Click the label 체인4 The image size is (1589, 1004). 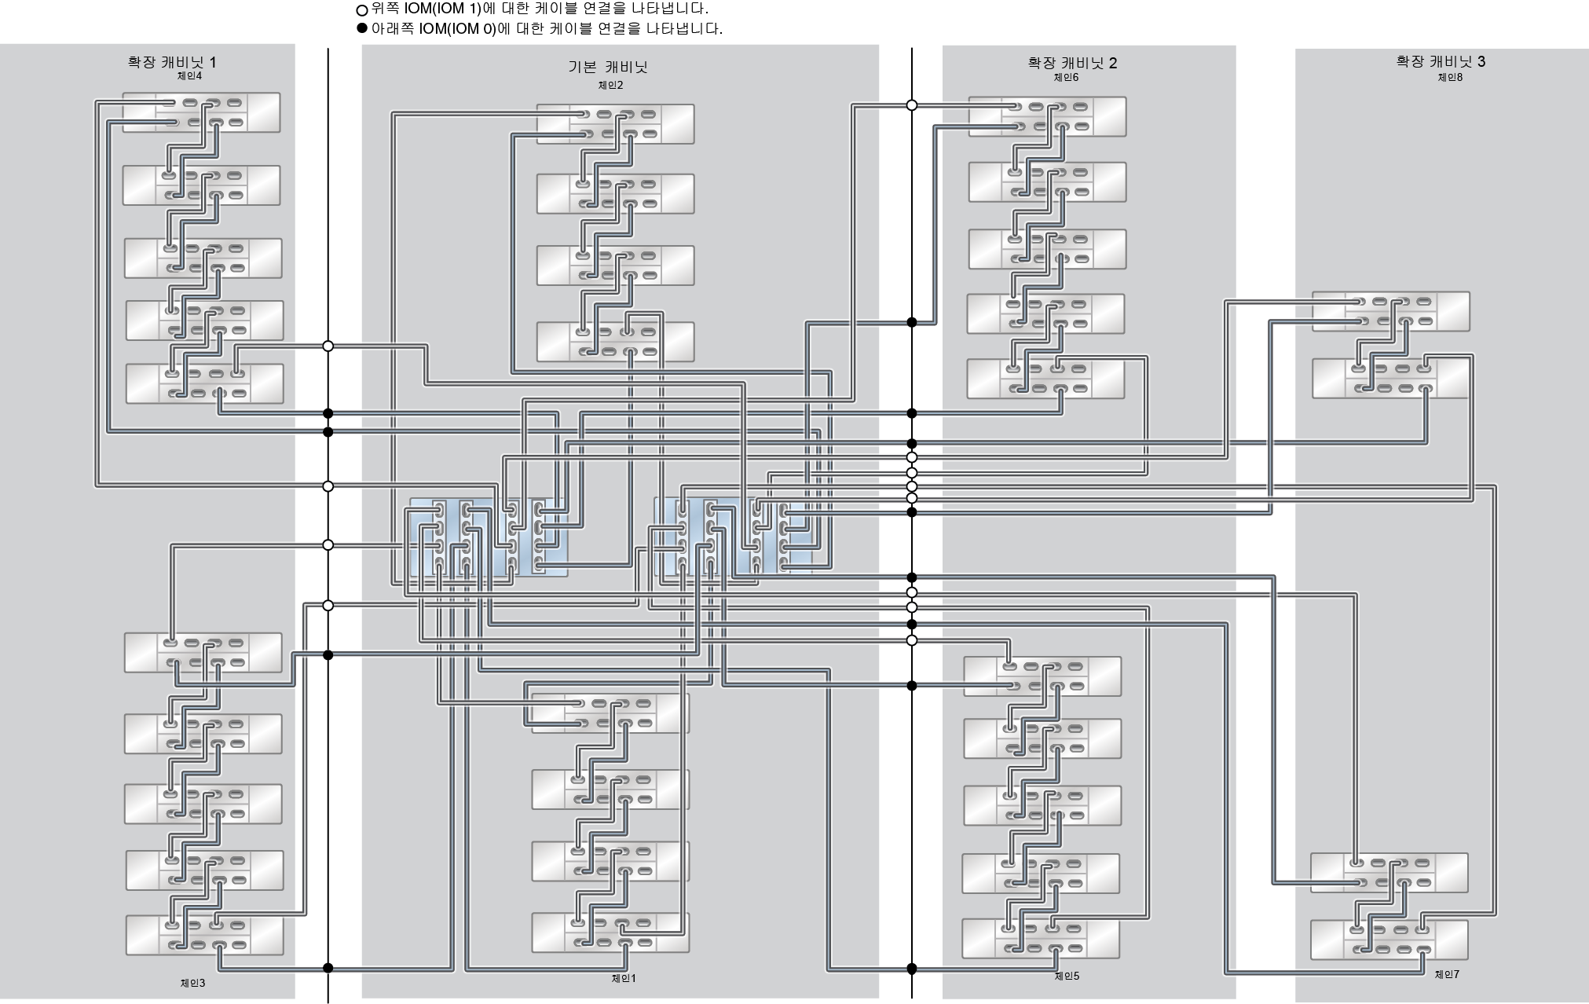click(x=189, y=76)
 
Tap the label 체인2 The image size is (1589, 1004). click(x=610, y=86)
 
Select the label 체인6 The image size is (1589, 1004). click(x=1066, y=77)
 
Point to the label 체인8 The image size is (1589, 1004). click(x=1450, y=77)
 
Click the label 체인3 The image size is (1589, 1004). click(x=192, y=983)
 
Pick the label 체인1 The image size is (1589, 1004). click(x=624, y=978)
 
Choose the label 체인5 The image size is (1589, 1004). click(x=1067, y=977)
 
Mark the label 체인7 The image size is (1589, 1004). click(x=1447, y=975)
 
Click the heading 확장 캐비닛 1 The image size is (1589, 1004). click(x=172, y=62)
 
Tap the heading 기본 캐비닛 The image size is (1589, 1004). click(x=608, y=68)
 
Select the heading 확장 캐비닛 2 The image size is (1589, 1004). click(x=1072, y=63)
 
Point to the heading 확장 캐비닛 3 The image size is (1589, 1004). click(x=1441, y=61)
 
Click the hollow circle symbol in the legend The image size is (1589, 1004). click(x=362, y=11)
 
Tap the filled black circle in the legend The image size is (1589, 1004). click(x=362, y=29)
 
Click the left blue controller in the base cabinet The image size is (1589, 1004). click(x=487, y=538)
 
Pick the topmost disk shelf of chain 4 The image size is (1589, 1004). click(x=201, y=112)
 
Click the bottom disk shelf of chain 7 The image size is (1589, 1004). click(x=1389, y=940)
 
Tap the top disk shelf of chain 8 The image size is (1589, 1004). click(x=1390, y=312)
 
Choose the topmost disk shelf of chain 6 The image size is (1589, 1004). click(x=1047, y=117)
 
